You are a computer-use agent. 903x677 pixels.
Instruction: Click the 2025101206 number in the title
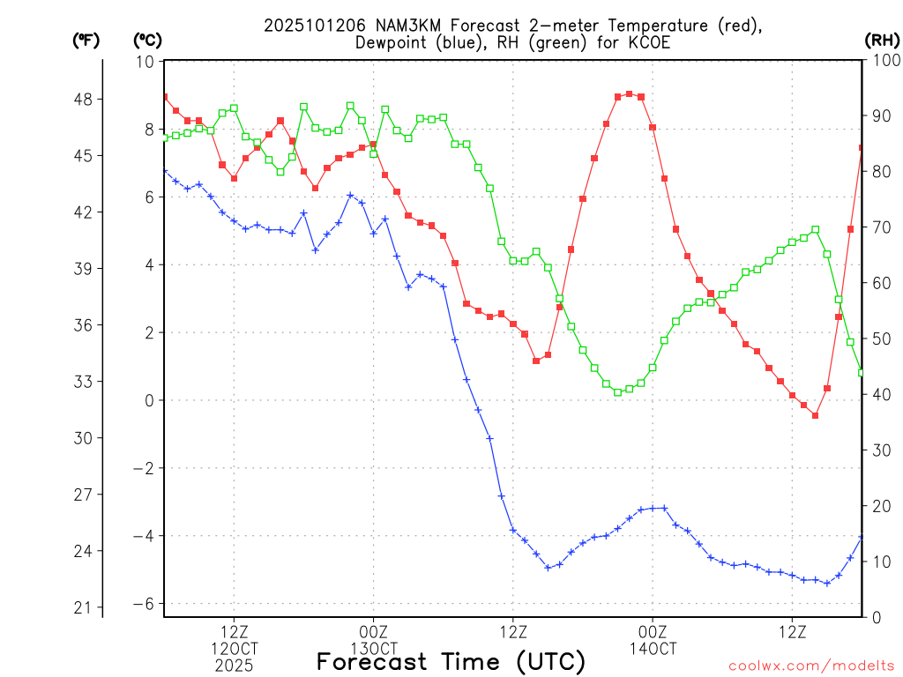307,26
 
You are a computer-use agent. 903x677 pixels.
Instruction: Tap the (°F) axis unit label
86,40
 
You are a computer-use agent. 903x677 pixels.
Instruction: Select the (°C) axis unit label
147,40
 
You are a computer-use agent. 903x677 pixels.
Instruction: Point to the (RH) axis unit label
882,40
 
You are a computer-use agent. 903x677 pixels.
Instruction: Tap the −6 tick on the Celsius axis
144,604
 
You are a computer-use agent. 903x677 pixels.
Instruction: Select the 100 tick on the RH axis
883,62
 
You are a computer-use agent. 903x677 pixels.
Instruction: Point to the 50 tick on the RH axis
879,339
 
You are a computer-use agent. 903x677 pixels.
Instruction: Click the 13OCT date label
373,649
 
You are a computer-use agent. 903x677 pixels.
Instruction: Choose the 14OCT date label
653,649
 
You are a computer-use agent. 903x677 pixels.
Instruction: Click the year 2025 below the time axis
234,666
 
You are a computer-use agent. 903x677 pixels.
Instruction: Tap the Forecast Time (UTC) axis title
451,661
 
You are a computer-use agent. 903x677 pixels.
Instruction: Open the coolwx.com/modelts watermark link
811,665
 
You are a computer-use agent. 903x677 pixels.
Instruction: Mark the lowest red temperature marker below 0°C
816,415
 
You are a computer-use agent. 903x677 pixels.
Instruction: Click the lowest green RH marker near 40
617,392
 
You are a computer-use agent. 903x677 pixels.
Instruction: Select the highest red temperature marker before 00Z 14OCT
629,93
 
